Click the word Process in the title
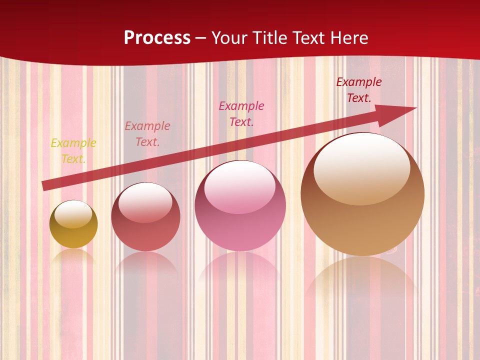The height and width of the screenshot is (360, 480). [157, 38]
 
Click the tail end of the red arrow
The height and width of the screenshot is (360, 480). [45, 185]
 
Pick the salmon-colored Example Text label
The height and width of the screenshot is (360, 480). [147, 134]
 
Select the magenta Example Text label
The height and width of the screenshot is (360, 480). [241, 113]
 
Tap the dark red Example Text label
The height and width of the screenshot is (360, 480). [359, 90]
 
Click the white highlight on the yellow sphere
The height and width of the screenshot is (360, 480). [73, 213]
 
